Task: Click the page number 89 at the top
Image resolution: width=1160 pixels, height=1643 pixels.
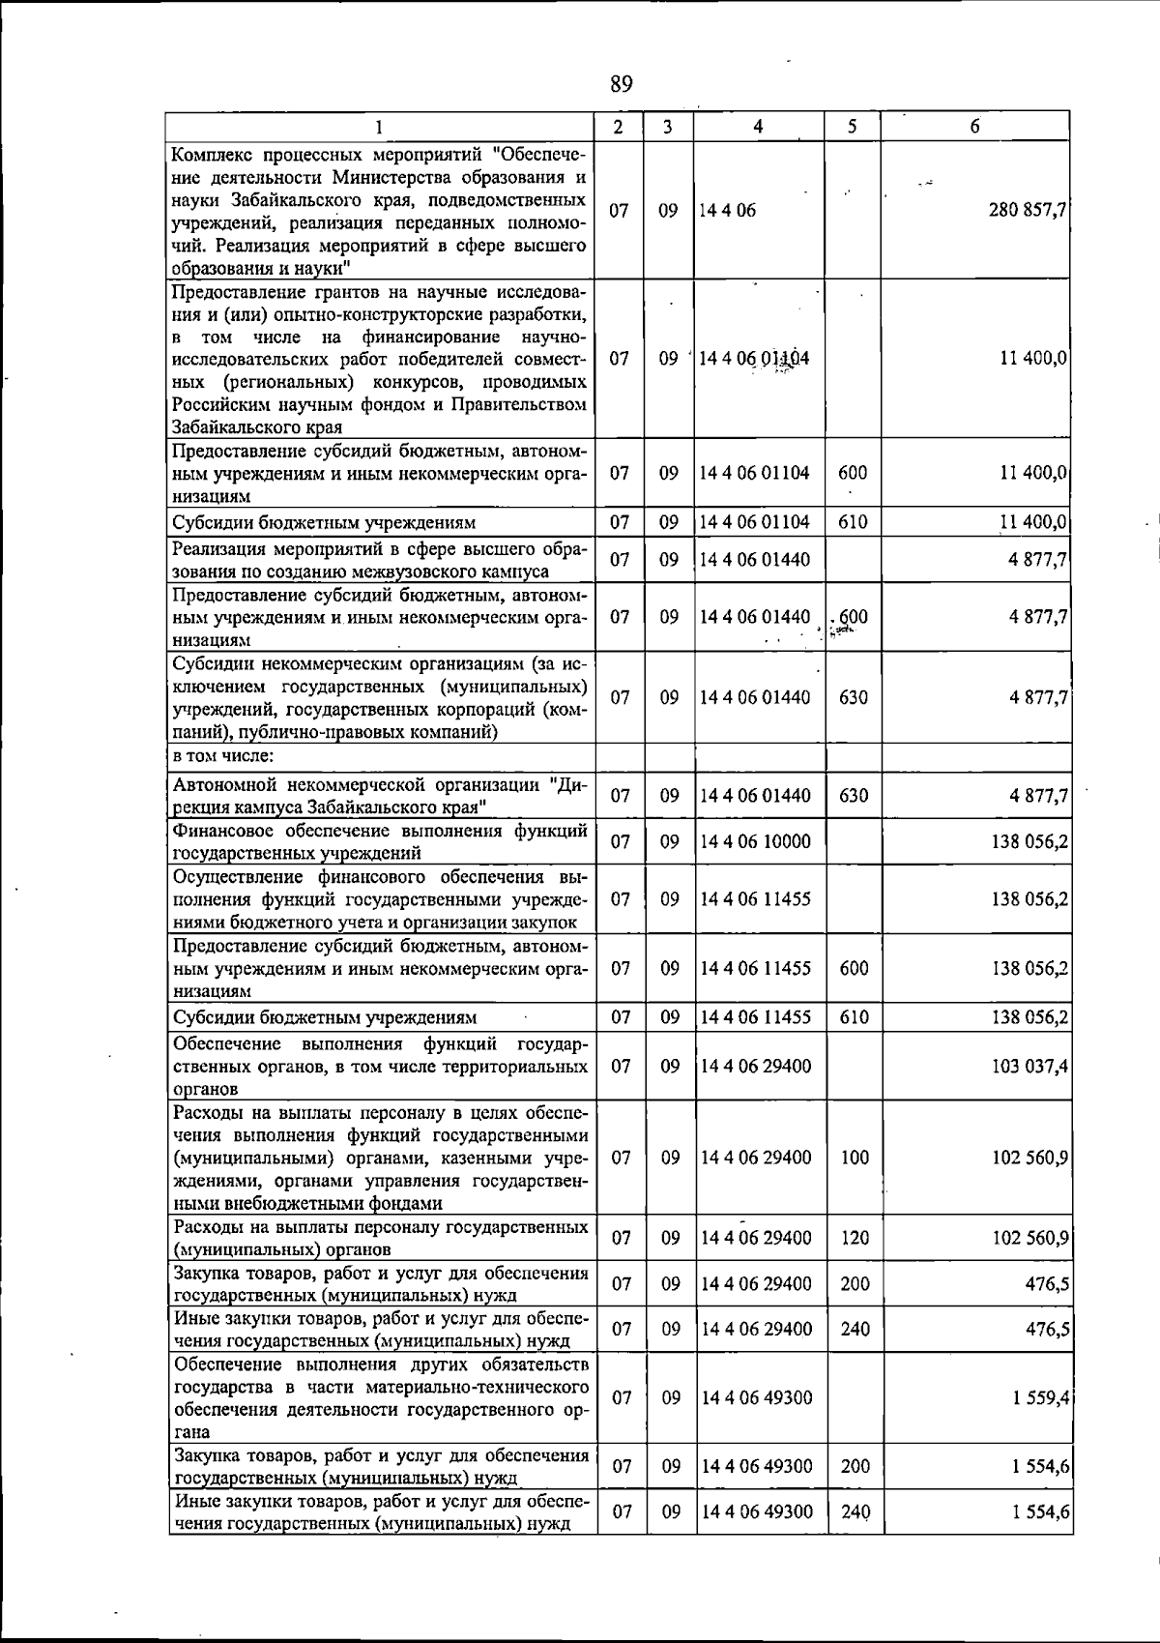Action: tap(622, 84)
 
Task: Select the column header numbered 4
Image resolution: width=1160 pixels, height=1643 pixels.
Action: tap(759, 127)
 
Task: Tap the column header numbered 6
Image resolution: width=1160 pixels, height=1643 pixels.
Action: tap(975, 127)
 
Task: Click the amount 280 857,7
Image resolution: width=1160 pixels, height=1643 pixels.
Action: tap(1028, 210)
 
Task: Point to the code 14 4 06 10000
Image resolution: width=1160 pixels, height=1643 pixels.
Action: tap(755, 841)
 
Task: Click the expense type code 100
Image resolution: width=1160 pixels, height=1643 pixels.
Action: tap(854, 1158)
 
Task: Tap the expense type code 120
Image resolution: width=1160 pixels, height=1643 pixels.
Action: tap(854, 1238)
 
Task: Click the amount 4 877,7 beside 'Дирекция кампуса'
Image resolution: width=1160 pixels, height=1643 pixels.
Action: tap(1039, 796)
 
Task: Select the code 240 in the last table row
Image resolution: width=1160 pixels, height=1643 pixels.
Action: tap(854, 1511)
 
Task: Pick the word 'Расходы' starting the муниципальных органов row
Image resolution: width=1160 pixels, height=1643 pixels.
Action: tap(207, 1227)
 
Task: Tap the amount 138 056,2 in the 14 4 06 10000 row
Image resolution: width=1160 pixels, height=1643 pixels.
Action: tap(1029, 841)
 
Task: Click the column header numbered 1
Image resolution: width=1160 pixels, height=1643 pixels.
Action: tap(380, 127)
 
